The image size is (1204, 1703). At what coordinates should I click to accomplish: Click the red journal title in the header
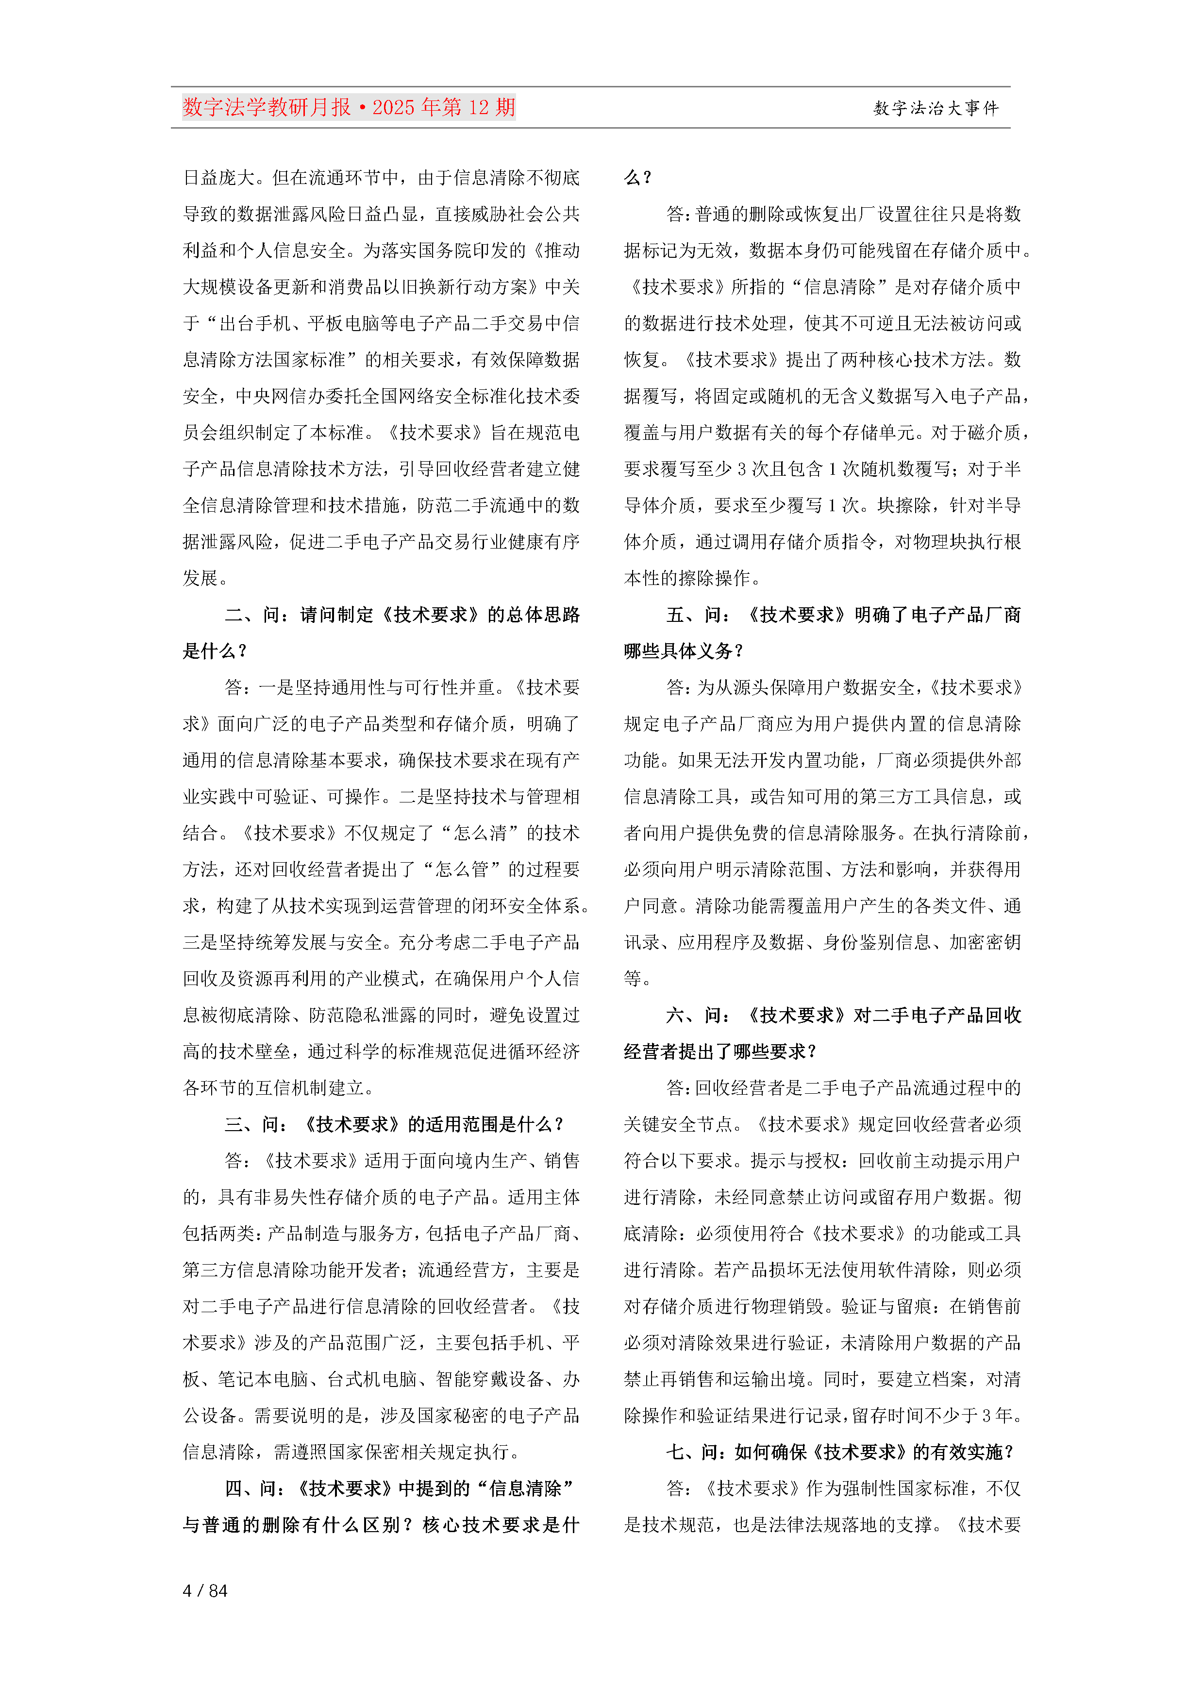pyautogui.click(x=349, y=108)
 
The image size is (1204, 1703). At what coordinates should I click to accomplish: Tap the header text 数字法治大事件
pyautogui.click(x=936, y=108)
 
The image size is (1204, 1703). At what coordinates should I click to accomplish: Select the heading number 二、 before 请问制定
pyautogui.click(x=239, y=615)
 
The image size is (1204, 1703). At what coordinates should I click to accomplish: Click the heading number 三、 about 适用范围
pyautogui.click(x=239, y=1124)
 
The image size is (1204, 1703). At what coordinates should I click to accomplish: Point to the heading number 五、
pyautogui.click(x=680, y=615)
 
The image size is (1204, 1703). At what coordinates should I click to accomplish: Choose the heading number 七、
pyautogui.click(x=680, y=1452)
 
